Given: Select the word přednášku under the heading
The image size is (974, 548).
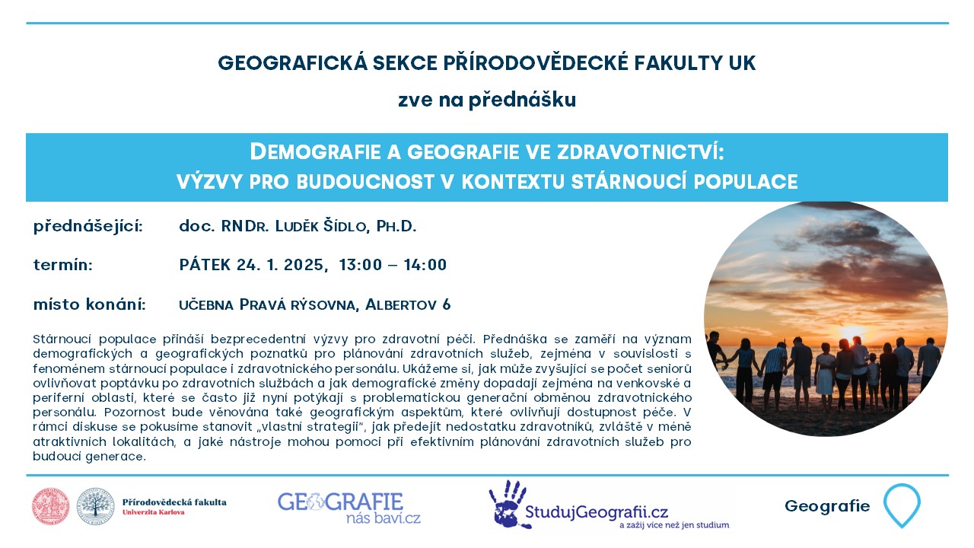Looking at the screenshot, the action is tap(522, 100).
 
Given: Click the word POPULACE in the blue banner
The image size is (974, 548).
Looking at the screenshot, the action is tap(746, 182).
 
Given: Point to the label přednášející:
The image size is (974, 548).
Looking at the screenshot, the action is tap(88, 227).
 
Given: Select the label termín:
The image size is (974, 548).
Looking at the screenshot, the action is tap(63, 265).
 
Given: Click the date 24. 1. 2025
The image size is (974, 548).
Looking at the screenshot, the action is tap(282, 265).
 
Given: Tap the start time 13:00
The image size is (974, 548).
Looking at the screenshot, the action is tap(361, 265).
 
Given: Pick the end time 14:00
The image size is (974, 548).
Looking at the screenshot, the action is tap(425, 265).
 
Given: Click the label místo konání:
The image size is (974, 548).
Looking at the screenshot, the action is tap(89, 304).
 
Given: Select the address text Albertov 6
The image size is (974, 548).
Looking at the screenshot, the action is tap(408, 304).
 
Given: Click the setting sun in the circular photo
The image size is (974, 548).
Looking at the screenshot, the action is tap(851, 333).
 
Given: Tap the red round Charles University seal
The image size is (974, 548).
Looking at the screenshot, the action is tap(50, 506).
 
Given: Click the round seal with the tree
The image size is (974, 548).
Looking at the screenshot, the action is tap(96, 506).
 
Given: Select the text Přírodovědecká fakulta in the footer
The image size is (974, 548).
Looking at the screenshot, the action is tap(174, 502).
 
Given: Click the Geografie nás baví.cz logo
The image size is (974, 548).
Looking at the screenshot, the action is tap(349, 508).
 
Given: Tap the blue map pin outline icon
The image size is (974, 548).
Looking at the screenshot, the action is tap(902, 505).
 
